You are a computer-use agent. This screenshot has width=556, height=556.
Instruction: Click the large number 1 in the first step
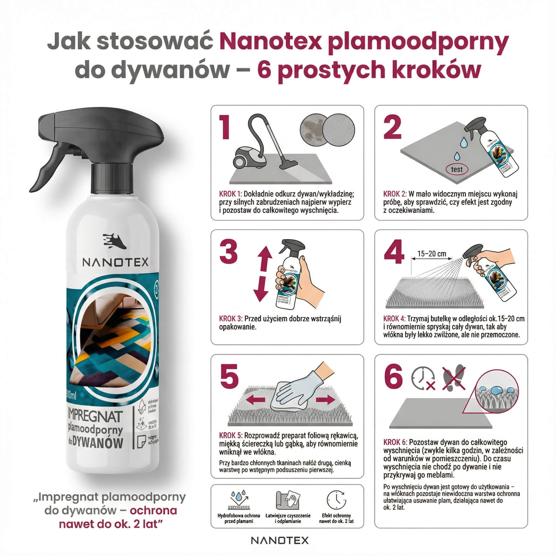click(x=225, y=127)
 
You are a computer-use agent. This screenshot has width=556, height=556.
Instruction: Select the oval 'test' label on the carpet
click(x=457, y=169)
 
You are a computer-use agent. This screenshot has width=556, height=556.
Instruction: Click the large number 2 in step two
click(x=392, y=127)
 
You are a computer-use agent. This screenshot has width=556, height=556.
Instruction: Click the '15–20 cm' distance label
click(x=432, y=254)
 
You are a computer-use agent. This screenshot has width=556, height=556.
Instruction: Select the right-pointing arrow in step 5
click(x=326, y=399)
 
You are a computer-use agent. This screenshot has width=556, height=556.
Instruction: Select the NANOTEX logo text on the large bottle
click(x=115, y=262)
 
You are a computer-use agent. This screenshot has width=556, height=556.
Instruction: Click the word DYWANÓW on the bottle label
click(x=98, y=443)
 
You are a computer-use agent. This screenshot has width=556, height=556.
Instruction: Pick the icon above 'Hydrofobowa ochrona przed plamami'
click(x=239, y=500)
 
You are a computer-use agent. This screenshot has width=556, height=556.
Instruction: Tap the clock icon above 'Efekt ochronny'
click(x=336, y=500)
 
